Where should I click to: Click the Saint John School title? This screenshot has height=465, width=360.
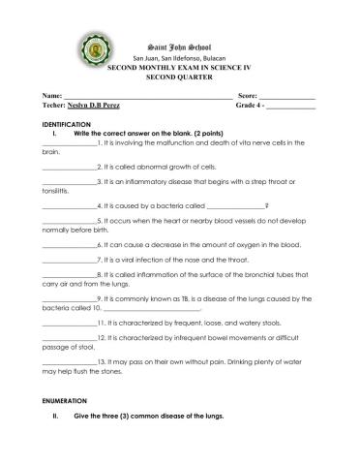(180, 46)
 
